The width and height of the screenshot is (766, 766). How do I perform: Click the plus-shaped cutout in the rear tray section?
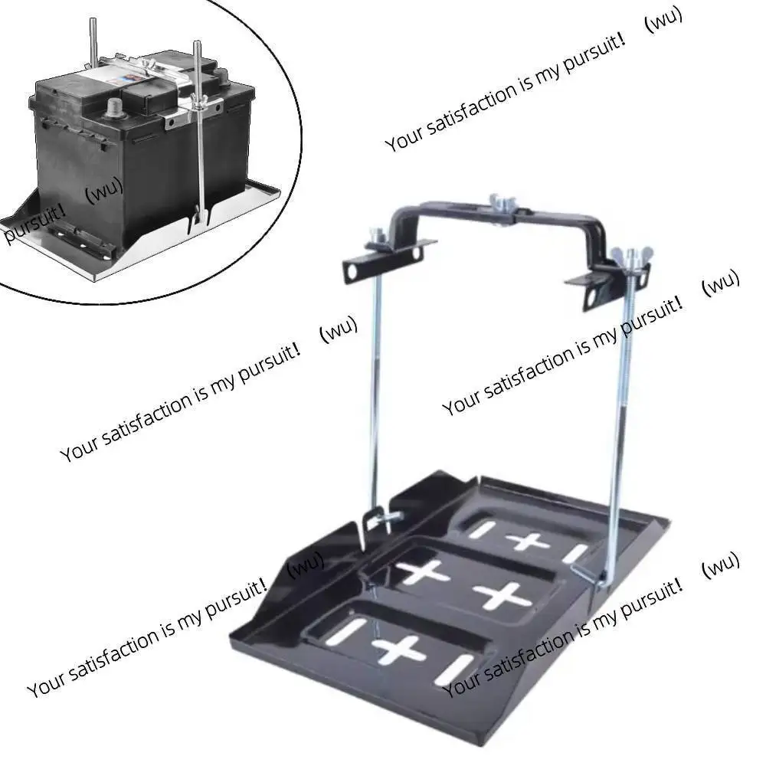click(x=526, y=542)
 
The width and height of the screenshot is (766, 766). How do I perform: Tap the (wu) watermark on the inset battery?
click(x=103, y=193)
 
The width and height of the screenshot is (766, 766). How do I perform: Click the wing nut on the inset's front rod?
click(x=198, y=116)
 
